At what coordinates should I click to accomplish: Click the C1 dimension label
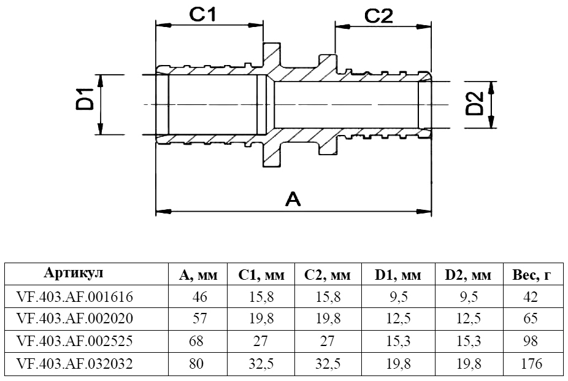coord(210,16)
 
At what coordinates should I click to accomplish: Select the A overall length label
coord(293,199)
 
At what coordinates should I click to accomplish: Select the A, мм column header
coord(198,275)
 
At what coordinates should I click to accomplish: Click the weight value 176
coord(529,364)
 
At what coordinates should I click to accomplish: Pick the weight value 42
coord(531,298)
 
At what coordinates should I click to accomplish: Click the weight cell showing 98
coord(531,342)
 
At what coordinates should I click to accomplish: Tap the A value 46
coord(200,298)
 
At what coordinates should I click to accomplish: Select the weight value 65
coord(531,320)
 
